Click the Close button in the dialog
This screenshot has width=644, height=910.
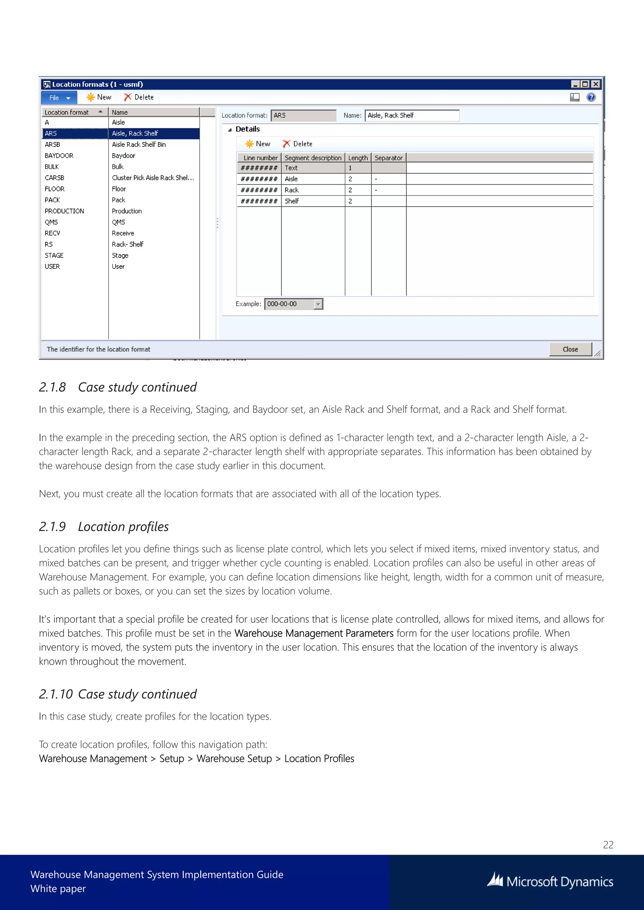coord(570,349)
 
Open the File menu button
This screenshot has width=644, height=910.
coord(59,97)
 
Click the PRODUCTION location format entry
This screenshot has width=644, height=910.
coord(64,211)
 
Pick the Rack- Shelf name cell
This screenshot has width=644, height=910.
coord(128,244)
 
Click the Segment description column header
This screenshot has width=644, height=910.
coord(313,158)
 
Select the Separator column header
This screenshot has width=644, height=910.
coord(388,158)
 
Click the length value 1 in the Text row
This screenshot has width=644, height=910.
coord(351,168)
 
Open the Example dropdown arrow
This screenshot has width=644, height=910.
coord(318,304)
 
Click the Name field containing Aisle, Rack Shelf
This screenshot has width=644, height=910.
coord(411,115)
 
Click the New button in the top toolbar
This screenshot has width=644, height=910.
coord(99,97)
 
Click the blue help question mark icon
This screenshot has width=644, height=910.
coord(591,97)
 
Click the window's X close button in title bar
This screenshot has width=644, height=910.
coord(596,84)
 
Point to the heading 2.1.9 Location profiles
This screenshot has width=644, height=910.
coord(104,527)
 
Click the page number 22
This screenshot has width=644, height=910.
coord(608,845)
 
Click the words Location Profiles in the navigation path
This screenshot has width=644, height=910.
coord(319,759)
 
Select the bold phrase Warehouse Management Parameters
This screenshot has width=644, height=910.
coord(314,633)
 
